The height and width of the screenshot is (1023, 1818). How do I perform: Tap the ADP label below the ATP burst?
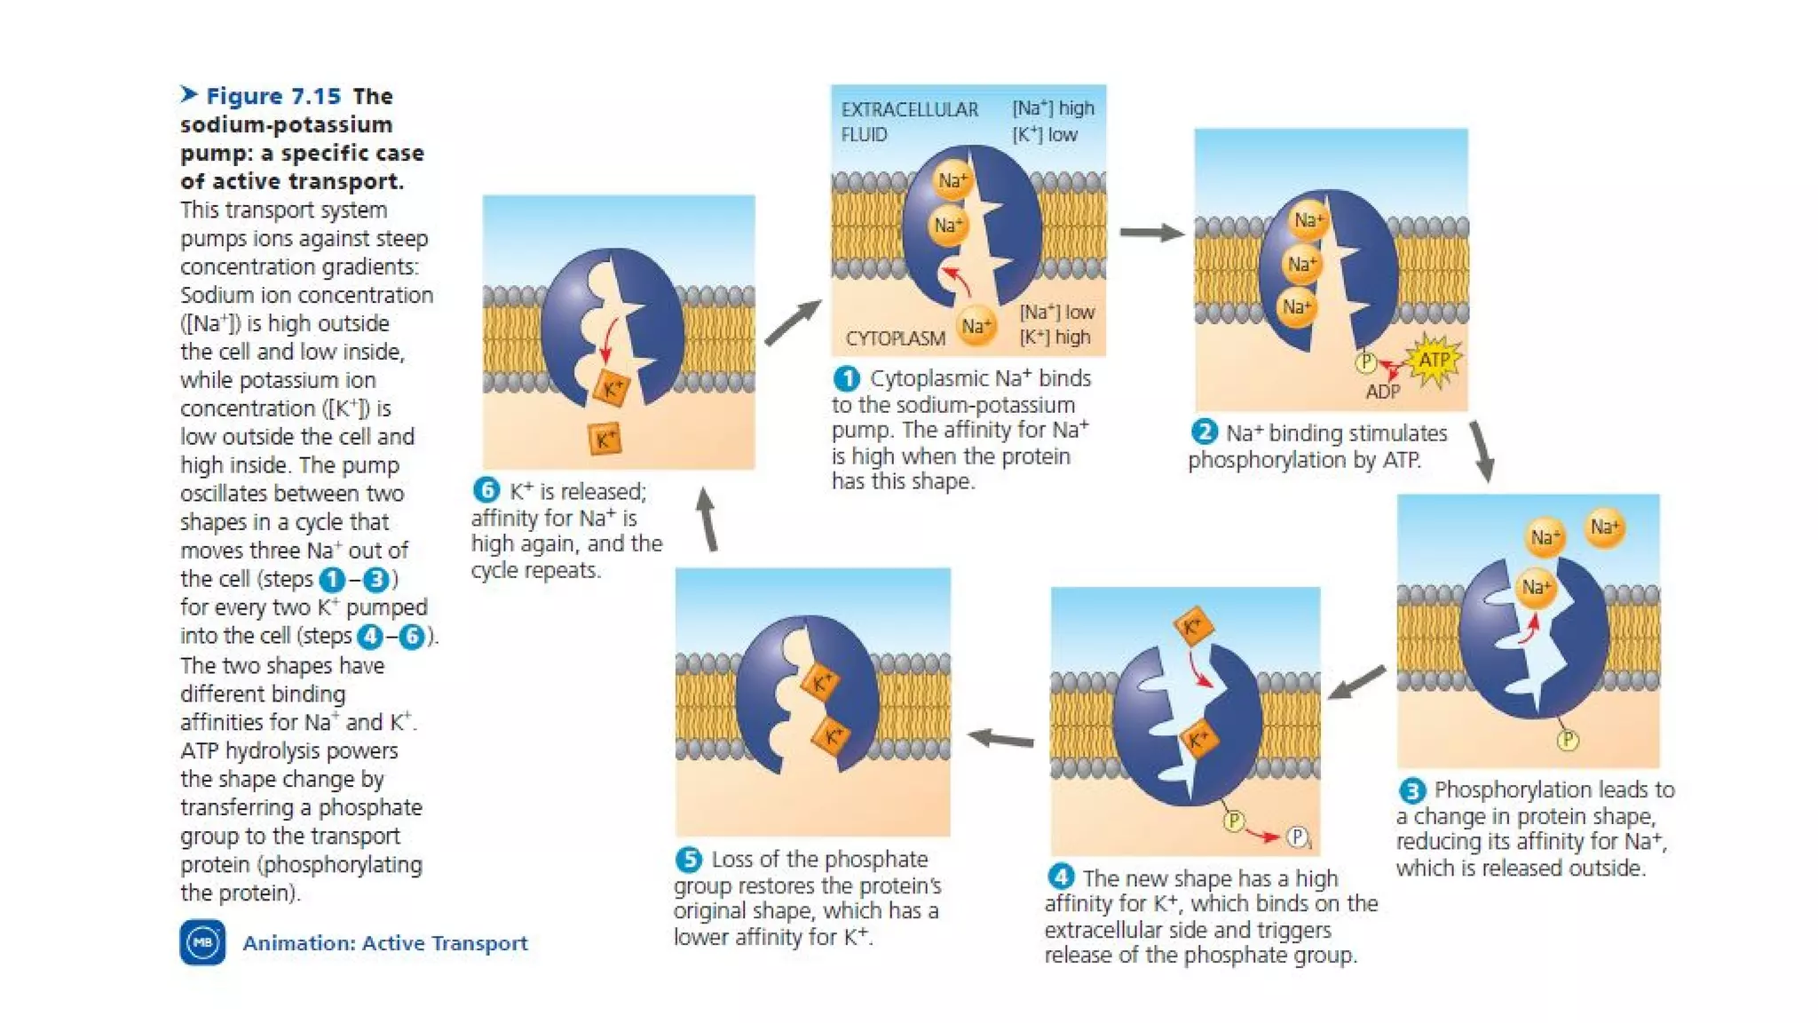coord(1382,392)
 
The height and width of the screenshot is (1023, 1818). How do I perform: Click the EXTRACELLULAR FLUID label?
coord(908,122)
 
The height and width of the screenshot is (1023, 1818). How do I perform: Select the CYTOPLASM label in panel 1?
coord(895,338)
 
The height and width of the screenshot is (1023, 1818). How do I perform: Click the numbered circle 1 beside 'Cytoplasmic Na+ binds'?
coord(846,379)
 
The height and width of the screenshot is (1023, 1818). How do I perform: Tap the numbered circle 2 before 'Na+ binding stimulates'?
coord(1204,432)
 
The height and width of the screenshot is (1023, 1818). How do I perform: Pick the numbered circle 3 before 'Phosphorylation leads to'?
coord(1411,789)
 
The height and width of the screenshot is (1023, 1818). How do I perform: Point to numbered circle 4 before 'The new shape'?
coord(1061,877)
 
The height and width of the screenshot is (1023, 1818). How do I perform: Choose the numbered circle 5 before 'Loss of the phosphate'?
coord(688,859)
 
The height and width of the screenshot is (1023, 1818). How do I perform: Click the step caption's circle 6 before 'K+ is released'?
coord(486,490)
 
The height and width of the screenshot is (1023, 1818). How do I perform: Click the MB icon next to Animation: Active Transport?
coord(202,942)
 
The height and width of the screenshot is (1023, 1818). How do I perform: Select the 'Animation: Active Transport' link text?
coord(384,943)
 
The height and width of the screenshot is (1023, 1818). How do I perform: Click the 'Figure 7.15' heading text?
coord(273,96)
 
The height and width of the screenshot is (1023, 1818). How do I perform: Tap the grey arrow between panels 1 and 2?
coord(1151,233)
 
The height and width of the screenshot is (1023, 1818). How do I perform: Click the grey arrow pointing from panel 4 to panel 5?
coord(1000,738)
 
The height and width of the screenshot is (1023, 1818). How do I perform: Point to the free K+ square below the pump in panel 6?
coord(605,439)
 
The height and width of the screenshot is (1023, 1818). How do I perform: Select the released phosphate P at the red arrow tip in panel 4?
coord(1297,837)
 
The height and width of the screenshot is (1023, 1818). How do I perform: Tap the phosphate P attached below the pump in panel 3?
coord(1568,740)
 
